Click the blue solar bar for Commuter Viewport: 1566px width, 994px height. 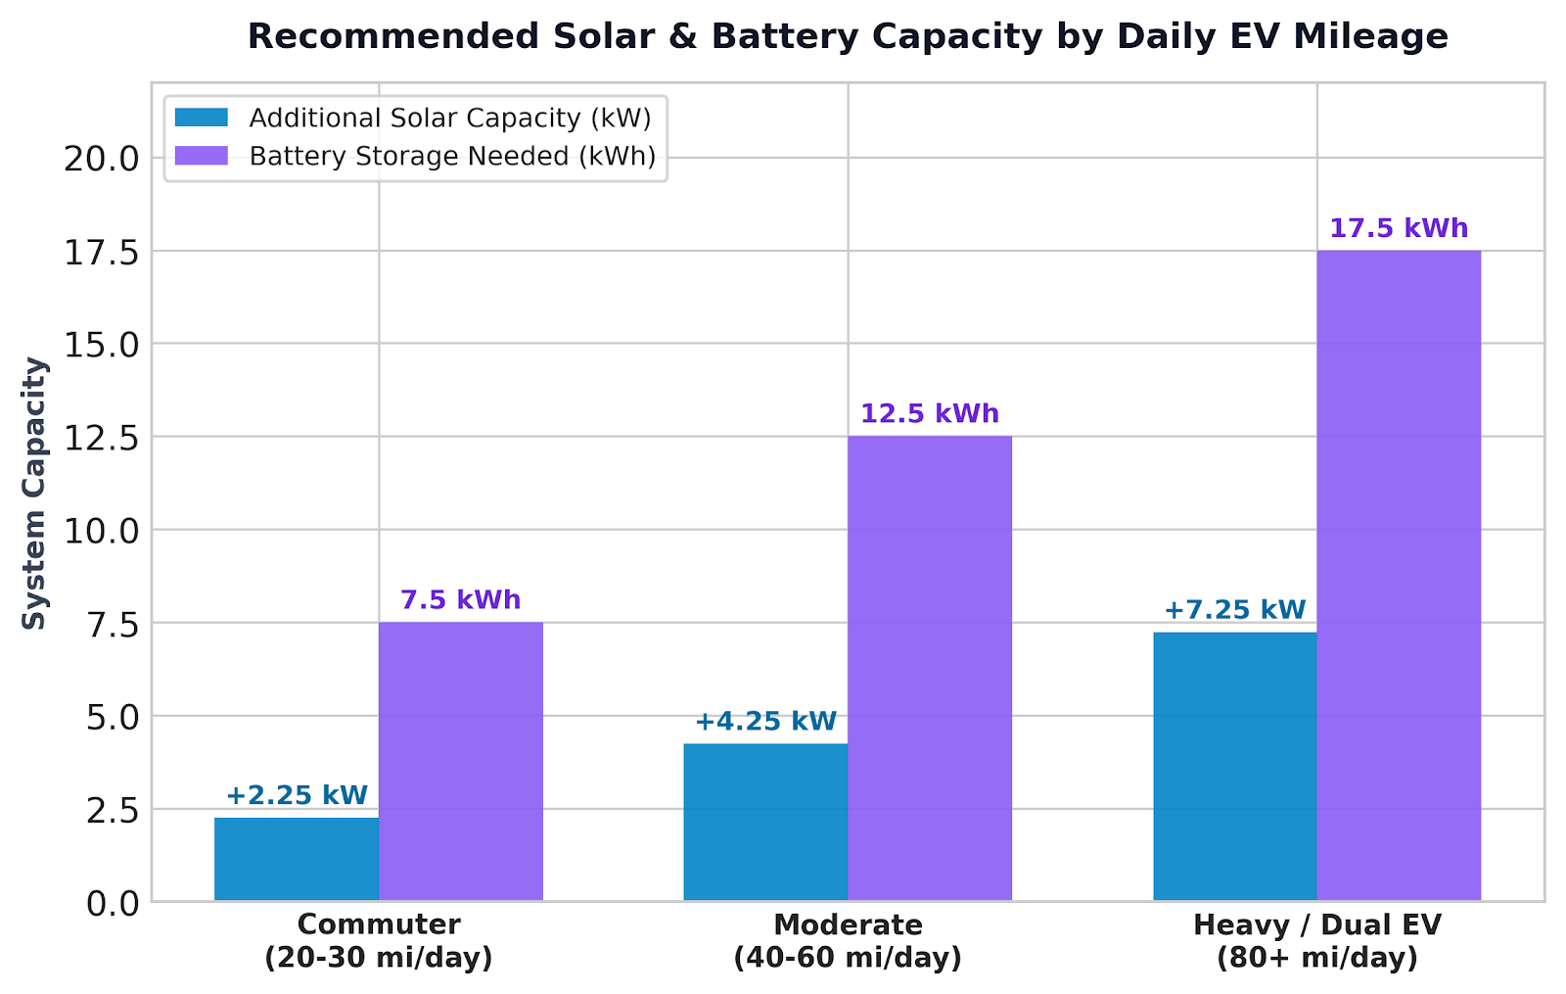(297, 859)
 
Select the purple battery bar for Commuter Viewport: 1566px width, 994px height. (461, 762)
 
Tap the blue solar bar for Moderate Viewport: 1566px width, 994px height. (765, 822)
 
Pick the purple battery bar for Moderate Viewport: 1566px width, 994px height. (930, 669)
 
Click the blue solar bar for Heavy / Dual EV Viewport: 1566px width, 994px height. (1235, 767)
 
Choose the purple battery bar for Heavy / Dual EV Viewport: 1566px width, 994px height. (1399, 576)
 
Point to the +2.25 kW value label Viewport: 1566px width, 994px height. (297, 795)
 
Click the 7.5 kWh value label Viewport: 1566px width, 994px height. (461, 600)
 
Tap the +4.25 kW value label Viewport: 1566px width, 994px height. (765, 721)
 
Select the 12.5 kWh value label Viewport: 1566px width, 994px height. (930, 414)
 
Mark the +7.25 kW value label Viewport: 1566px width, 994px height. (1235, 610)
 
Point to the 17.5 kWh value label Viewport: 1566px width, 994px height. (1399, 229)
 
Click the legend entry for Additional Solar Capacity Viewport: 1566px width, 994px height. (413, 118)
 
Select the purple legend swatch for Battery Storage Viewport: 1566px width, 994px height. (202, 156)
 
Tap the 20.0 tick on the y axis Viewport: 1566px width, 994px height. (102, 160)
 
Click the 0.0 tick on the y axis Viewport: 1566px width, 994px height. (114, 904)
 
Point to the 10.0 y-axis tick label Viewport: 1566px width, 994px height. (102, 532)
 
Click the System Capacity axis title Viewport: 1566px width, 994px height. (33, 494)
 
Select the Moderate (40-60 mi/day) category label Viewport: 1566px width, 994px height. (848, 941)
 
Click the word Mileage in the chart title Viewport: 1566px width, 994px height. (1371, 36)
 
